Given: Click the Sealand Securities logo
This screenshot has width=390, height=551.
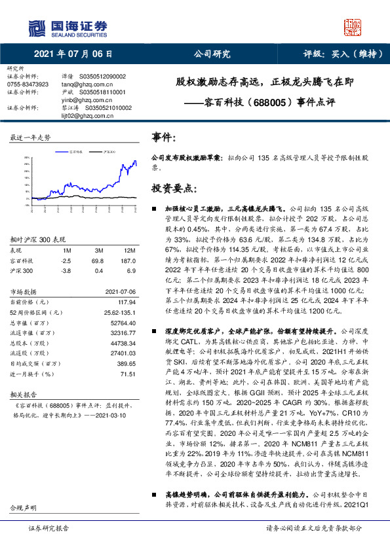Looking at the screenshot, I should coord(66,27).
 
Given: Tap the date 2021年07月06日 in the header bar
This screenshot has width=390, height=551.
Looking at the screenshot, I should coord(71,54).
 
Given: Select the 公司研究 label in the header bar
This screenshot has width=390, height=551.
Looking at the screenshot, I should coord(207,54).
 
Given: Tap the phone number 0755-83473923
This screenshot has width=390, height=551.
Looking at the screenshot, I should coord(28,84).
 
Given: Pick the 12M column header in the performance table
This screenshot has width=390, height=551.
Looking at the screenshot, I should coord(130,251).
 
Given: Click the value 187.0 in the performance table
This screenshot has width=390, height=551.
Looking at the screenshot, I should coord(130,260).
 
